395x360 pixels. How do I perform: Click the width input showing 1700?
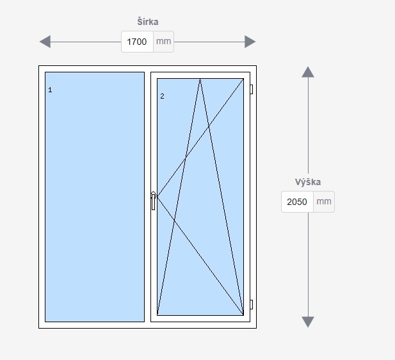[x=137, y=42]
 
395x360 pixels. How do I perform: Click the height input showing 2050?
[x=298, y=202]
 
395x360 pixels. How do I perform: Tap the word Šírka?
[x=147, y=22]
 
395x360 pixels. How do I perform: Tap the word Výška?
[x=308, y=182]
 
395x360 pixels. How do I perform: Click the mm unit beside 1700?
[x=163, y=42]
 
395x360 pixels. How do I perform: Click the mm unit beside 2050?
[x=324, y=202]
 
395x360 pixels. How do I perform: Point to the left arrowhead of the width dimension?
[x=45, y=42]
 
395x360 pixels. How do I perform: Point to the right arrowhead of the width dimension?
[x=250, y=42]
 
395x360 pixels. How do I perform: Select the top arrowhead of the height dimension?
[x=308, y=72]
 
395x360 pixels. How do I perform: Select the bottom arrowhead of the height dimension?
[x=308, y=322]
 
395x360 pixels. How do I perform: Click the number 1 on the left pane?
[x=50, y=90]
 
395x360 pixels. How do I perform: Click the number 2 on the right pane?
[x=162, y=96]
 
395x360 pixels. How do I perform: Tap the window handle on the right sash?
[x=153, y=200]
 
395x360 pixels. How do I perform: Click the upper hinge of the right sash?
[x=252, y=90]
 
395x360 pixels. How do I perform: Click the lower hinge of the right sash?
[x=252, y=304]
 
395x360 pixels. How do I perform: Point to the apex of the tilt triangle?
[x=200, y=79]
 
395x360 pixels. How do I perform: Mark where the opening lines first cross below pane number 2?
[x=186, y=157]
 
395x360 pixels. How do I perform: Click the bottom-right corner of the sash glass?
[x=243, y=315]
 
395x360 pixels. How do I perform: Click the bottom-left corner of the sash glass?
[x=157, y=315]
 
